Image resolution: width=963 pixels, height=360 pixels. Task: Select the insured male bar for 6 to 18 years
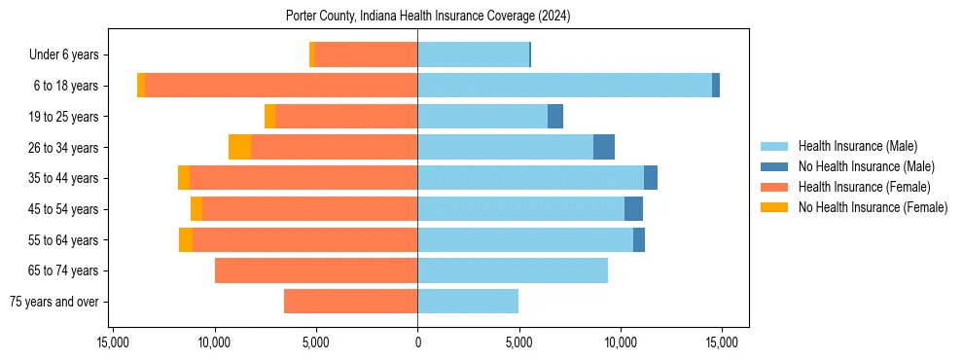564,86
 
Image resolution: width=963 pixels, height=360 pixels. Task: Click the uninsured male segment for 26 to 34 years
604,147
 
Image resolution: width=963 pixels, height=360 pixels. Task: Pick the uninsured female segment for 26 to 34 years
239,147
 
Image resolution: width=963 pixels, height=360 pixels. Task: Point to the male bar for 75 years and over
468,302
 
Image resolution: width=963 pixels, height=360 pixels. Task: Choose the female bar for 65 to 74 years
316,270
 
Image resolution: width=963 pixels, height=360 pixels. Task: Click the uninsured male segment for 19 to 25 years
555,117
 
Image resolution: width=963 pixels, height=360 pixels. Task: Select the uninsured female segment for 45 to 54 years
196,209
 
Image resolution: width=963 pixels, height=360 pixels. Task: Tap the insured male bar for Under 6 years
473,54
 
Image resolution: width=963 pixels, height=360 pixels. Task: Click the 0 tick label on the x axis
417,342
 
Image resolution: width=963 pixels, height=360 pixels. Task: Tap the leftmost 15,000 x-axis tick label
113,342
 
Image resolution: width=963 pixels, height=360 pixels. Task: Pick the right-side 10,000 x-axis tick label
621,342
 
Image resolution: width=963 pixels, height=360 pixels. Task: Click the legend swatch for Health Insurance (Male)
774,146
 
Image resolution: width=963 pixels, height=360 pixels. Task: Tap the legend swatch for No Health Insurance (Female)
774,207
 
